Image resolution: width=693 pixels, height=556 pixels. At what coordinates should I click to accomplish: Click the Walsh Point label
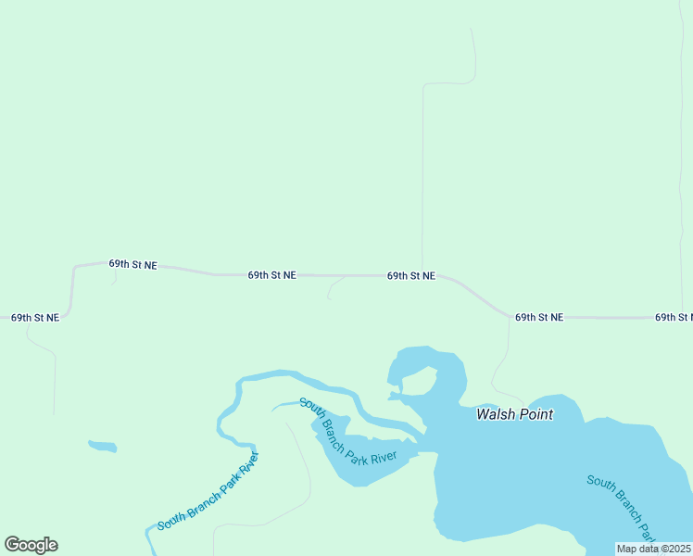click(x=514, y=414)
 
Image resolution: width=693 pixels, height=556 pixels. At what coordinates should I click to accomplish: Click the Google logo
click(x=31, y=545)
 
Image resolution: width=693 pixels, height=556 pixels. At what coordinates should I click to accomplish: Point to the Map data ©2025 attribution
click(x=654, y=549)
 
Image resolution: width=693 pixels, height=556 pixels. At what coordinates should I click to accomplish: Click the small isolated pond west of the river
click(x=103, y=447)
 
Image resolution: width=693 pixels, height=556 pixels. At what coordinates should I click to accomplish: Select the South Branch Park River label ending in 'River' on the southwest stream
click(x=208, y=492)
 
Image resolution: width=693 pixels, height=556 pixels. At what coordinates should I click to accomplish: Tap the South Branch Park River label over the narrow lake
click(x=347, y=431)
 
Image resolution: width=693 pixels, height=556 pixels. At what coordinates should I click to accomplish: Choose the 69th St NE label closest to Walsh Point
click(x=539, y=317)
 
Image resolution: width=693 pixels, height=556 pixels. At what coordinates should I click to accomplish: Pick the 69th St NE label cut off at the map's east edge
click(x=674, y=317)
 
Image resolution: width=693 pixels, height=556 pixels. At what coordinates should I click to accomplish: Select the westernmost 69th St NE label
click(x=35, y=317)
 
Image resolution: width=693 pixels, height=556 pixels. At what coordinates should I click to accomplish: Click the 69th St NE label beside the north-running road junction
click(x=411, y=275)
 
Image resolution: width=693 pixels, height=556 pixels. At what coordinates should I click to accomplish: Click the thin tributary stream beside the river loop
click(x=284, y=404)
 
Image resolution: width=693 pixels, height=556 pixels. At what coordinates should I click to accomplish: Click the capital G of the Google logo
click(x=12, y=545)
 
